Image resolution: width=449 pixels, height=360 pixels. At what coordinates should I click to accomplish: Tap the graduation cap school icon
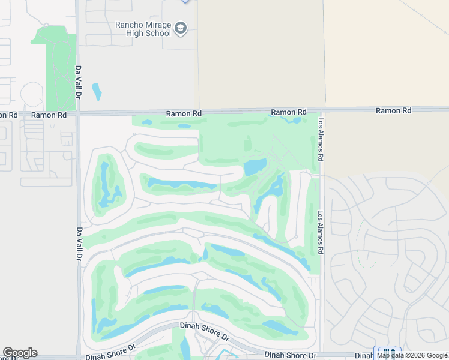pyautogui.click(x=181, y=28)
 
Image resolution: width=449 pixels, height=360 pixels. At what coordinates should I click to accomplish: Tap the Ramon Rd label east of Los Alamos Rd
pyautogui.click(x=393, y=110)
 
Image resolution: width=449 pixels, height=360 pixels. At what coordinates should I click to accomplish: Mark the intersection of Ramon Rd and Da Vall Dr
pyautogui.click(x=78, y=113)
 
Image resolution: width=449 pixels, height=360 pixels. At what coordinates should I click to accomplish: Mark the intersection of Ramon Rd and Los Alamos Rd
pyautogui.click(x=321, y=112)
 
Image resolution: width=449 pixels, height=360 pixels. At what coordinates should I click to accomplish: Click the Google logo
pyautogui.click(x=20, y=353)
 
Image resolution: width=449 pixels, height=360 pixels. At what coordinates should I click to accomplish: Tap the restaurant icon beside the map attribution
pyautogui.click(x=387, y=352)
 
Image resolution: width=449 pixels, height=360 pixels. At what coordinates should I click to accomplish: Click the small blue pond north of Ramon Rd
pyautogui.click(x=96, y=91)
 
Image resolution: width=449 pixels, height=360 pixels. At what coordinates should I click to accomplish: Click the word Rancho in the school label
pyautogui.click(x=130, y=25)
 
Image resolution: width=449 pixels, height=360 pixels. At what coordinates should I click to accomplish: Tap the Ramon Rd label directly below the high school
pyautogui.click(x=184, y=113)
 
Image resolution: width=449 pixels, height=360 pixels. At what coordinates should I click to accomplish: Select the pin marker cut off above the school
pyautogui.click(x=185, y=1)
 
